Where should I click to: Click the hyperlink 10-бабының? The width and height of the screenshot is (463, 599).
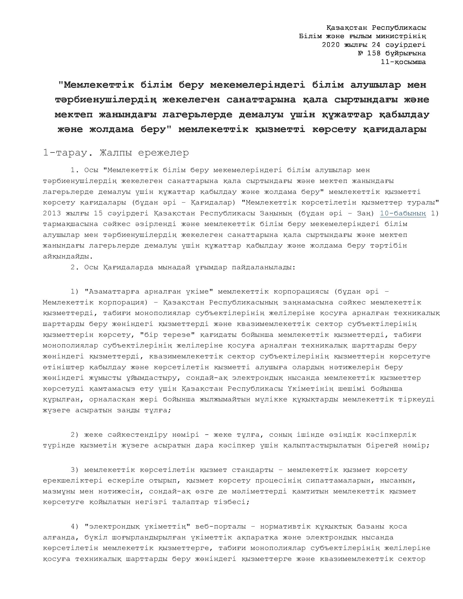click(x=403, y=213)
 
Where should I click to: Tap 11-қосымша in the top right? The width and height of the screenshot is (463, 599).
click(x=403, y=62)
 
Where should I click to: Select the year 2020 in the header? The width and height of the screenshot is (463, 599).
click(x=331, y=44)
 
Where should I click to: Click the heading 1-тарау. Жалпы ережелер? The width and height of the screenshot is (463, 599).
click(x=116, y=152)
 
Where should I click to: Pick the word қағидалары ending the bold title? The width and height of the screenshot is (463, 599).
click(x=395, y=129)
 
